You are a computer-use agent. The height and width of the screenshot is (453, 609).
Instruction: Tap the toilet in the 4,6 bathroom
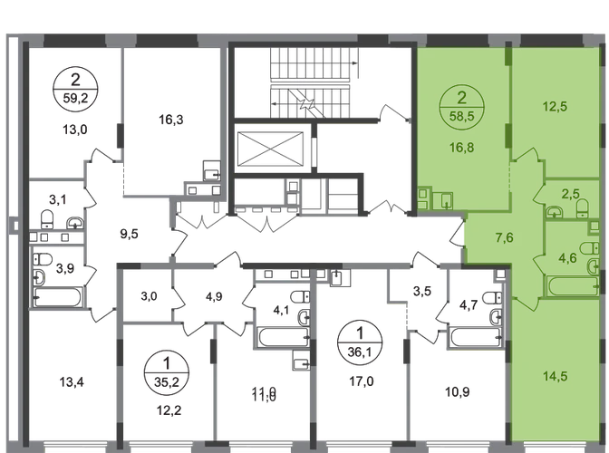click(587, 246)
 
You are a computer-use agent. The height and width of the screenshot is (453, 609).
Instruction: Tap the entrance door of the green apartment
click(462, 235)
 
